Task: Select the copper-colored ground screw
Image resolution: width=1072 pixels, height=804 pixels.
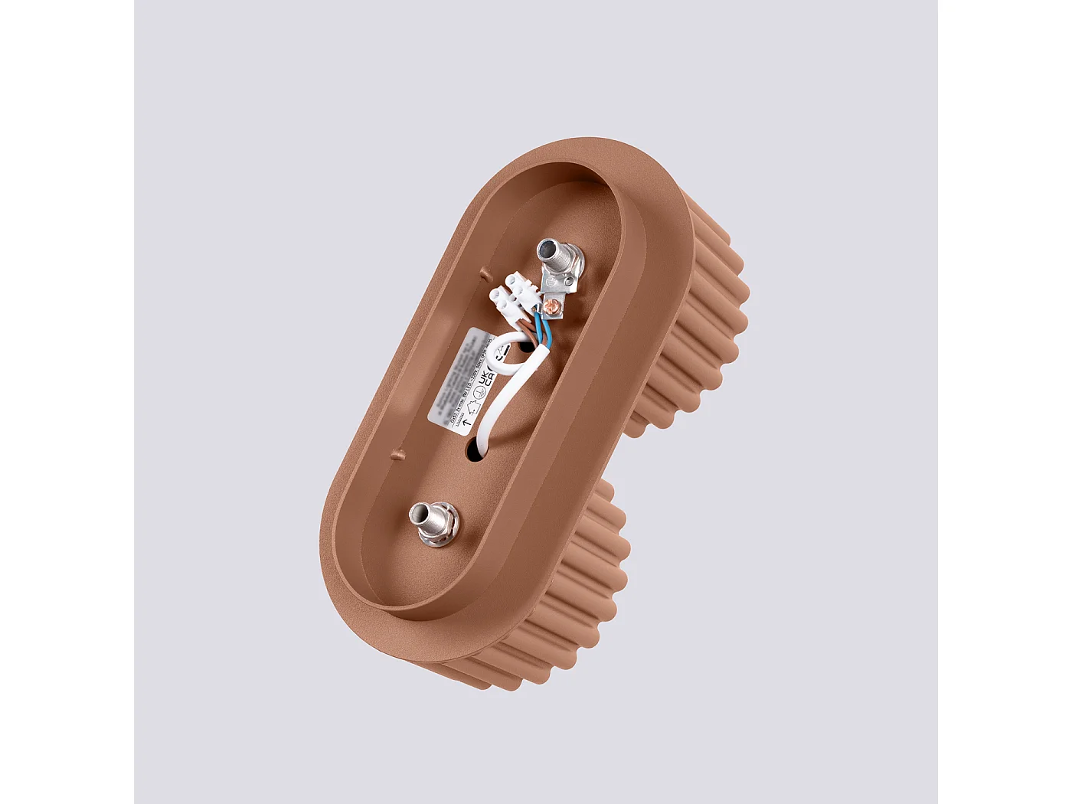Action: point(553,308)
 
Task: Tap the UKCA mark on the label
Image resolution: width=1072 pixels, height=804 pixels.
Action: point(485,378)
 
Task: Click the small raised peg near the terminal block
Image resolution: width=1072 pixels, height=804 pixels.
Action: point(484,271)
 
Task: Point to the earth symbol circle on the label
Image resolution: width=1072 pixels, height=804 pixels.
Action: point(479,394)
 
